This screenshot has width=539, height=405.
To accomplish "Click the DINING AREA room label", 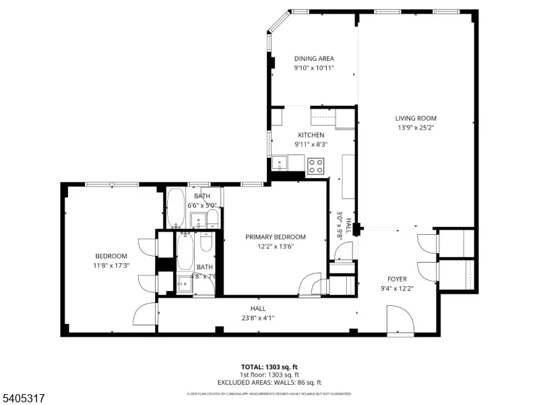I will coord(313,59).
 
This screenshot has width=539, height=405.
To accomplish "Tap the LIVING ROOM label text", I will coord(416,119).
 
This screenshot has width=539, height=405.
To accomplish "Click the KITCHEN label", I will coord(311,135).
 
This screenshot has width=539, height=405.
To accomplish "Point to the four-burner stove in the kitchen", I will coord(315,165).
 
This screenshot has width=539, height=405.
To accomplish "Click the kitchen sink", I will coord(280,163).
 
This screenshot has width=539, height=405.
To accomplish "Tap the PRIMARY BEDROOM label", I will coord(275,237).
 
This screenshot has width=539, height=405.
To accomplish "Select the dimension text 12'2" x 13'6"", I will coord(275,246).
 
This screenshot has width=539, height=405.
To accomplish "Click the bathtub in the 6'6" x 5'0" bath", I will coord(176,208).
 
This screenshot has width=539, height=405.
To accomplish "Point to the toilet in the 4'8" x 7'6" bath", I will coord(207,241).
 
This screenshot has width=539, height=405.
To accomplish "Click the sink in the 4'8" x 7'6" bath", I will coord(184,284).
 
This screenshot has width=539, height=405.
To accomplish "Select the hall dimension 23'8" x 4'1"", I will coord(257,318).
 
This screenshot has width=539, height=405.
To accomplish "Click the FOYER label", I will coord(396,279).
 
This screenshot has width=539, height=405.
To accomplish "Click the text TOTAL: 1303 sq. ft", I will coord(269,367).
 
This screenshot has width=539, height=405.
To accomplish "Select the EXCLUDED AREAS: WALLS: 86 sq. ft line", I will coord(269,382).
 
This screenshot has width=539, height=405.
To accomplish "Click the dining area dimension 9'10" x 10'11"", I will coord(313,67).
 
